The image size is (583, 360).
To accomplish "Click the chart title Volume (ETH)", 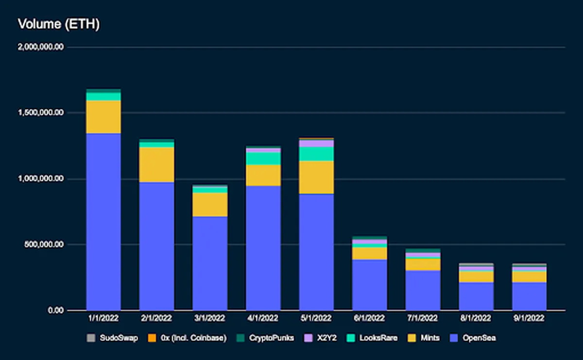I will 58,24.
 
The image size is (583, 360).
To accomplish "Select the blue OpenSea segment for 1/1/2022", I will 103,222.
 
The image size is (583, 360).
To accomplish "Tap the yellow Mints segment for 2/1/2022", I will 156,165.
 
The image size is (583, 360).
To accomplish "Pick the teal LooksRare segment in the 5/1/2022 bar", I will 316,154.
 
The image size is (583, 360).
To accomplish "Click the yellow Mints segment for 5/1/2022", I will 316,177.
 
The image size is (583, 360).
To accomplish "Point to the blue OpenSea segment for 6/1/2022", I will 370,285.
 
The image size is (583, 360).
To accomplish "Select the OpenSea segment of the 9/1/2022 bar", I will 529,296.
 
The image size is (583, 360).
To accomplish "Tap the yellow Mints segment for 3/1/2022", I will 210,205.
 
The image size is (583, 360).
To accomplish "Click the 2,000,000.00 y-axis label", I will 42,47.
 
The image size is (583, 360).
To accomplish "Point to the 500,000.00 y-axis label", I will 45,244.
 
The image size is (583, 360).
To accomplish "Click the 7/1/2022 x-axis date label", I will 423,319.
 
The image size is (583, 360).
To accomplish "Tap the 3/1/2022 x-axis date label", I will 210,319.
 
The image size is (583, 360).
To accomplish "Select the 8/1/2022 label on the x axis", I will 476,319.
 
